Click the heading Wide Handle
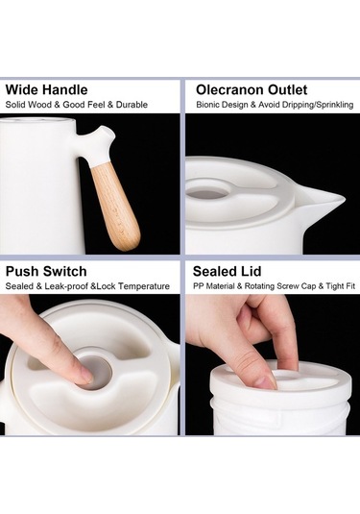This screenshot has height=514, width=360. [x=46, y=89]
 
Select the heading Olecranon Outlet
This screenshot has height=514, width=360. [x=252, y=89]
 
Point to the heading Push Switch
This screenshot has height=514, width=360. [x=46, y=272]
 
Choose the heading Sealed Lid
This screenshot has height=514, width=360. [x=227, y=272]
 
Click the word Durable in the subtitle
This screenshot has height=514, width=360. [x=132, y=105]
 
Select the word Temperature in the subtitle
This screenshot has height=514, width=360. [x=144, y=286]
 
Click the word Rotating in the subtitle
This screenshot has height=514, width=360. [x=259, y=286]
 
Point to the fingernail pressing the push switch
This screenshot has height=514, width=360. [x=86, y=375]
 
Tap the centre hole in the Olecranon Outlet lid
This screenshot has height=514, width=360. [x=205, y=192]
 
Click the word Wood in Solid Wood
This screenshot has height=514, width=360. [x=39, y=105]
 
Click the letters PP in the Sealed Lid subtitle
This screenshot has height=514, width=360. [x=197, y=286]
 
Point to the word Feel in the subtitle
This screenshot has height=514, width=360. [x=97, y=105]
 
